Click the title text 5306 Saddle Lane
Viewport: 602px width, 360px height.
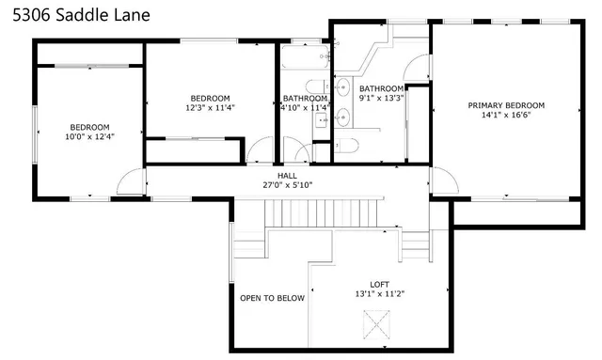74,16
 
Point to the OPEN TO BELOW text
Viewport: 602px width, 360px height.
272,298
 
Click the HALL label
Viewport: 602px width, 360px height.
287,175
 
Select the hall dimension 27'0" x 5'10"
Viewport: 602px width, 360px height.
287,185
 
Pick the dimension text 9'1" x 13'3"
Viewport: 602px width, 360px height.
381,98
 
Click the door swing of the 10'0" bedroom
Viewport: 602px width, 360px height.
133,177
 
